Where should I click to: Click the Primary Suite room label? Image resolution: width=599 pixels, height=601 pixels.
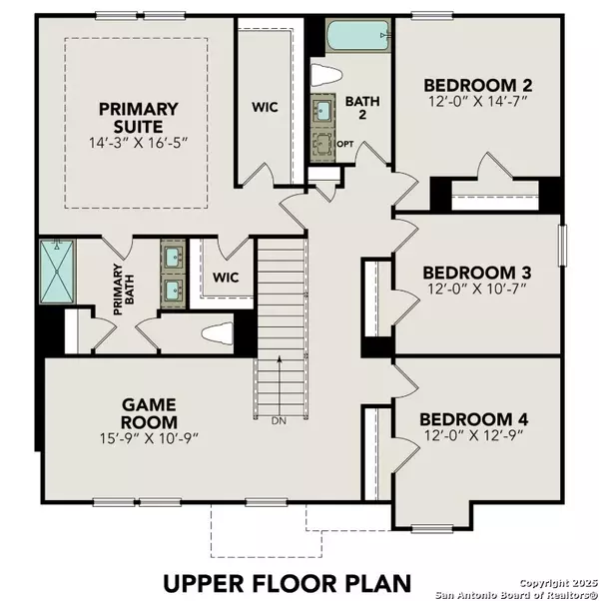(x=139, y=117)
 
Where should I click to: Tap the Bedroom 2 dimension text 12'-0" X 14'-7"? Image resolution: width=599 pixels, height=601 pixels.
(x=478, y=102)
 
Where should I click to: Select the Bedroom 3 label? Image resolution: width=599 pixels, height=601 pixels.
(x=477, y=273)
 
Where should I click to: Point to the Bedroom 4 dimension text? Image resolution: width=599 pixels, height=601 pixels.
(x=473, y=435)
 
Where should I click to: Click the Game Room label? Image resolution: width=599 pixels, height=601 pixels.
(x=149, y=413)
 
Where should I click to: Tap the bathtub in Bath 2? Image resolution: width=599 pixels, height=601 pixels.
(x=358, y=35)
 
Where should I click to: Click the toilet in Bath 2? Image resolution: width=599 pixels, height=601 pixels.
(x=325, y=75)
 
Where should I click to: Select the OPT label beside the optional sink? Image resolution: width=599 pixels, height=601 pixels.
(x=345, y=144)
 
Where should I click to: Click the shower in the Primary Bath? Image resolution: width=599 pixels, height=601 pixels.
(x=57, y=272)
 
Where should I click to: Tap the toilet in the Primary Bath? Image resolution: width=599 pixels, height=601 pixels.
(x=217, y=333)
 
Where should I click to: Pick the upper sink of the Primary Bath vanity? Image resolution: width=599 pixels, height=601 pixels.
(x=173, y=254)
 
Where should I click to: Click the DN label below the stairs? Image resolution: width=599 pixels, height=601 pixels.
(x=279, y=421)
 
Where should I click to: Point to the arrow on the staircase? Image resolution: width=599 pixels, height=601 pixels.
(x=280, y=386)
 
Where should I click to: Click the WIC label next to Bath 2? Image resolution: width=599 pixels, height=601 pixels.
(x=265, y=107)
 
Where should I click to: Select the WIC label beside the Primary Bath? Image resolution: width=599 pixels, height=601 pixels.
(x=226, y=278)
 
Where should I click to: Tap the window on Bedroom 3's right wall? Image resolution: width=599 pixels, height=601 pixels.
(x=562, y=246)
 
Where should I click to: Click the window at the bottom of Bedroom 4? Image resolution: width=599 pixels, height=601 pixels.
(x=432, y=529)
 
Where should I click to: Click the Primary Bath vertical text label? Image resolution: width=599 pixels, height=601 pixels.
(x=124, y=290)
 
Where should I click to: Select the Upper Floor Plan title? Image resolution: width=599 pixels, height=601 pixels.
(x=288, y=583)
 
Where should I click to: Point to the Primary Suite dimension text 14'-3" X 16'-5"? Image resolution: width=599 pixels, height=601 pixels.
(x=139, y=143)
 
